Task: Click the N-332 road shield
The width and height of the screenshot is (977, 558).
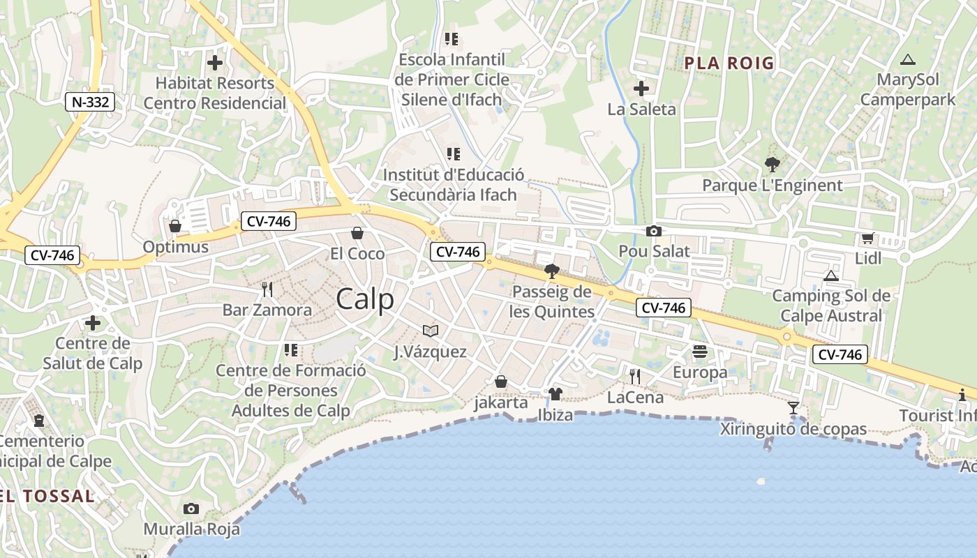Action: pos(90,102)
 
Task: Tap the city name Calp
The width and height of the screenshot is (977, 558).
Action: pos(365,299)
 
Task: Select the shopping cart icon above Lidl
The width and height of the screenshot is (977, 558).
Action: pos(867,239)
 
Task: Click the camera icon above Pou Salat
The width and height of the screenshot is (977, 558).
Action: pos(654,232)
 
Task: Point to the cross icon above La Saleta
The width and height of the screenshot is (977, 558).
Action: pos(641,89)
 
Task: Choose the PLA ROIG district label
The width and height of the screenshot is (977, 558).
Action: pos(729,63)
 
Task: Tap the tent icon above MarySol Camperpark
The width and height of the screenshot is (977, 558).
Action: pos(907,60)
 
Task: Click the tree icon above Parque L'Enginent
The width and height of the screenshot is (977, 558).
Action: pos(772,165)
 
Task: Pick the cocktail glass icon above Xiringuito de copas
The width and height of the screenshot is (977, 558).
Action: pos(793,407)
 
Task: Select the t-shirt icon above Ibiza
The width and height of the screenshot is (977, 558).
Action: pos(555,394)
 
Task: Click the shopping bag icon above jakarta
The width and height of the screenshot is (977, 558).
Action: pos(500,382)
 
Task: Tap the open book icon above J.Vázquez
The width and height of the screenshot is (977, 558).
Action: pos(431,331)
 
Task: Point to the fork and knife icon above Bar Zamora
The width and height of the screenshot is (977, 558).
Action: pos(267,289)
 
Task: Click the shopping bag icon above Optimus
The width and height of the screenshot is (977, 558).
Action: pos(175,226)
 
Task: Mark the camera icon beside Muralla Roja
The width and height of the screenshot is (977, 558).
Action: pos(191,509)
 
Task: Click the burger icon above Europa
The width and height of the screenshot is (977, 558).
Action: pos(700,351)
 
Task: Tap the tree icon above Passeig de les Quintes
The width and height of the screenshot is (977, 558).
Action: pos(551,271)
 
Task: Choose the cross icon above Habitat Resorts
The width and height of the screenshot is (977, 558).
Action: pos(215,63)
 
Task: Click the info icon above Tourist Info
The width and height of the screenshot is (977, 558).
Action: pos(962,395)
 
